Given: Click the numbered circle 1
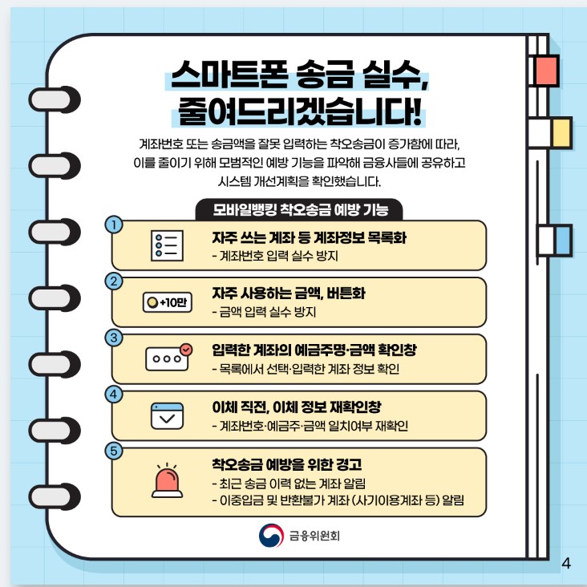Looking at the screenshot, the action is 116,225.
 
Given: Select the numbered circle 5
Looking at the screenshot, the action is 116,451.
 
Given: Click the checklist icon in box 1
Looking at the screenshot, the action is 168,245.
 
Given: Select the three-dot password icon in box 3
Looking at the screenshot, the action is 168,358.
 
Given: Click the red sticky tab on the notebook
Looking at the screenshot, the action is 545,71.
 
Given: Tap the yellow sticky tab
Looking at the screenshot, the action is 561,133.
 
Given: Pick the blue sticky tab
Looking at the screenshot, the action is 562,240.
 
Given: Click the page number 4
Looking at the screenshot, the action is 567,562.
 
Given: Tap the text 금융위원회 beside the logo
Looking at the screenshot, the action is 314,535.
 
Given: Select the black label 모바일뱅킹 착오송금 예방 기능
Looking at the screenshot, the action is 301,211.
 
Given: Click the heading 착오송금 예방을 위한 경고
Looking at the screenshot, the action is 286,464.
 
